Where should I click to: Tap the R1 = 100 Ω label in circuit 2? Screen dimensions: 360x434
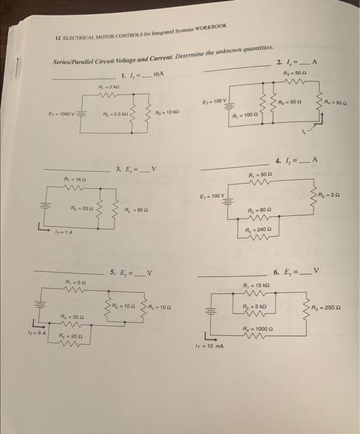243,115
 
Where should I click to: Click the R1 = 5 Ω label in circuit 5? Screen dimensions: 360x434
73,283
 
